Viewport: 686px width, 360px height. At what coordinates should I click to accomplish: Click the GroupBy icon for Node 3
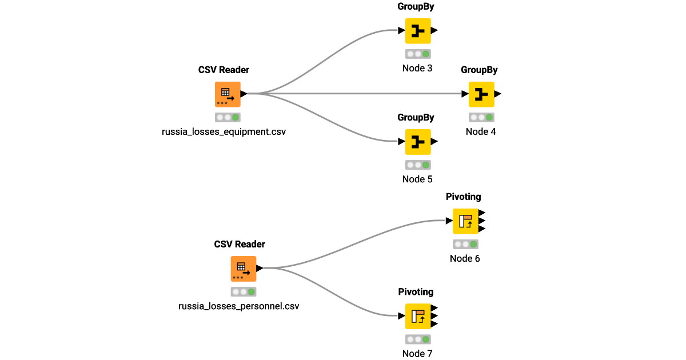[x=418, y=31]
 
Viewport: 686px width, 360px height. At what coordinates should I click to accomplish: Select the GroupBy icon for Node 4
[x=481, y=94]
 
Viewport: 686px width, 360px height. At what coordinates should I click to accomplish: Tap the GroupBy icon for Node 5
[x=418, y=142]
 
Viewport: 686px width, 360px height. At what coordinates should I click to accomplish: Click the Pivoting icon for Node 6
[x=465, y=221]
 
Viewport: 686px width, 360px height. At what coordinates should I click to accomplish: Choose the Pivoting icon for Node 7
[x=418, y=316]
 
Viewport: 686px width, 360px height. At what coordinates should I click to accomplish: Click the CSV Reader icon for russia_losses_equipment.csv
[x=227, y=94]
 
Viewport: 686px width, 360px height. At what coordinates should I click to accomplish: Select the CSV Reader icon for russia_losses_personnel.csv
[x=243, y=269]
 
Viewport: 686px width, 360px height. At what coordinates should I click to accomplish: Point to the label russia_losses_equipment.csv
[x=224, y=131]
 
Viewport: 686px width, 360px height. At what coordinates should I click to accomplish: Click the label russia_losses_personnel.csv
[x=238, y=306]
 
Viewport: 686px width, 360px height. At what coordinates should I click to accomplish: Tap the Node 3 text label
[x=417, y=68]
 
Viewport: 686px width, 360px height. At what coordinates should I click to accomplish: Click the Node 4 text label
[x=481, y=131]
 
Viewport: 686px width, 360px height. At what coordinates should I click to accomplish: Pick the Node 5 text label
[x=417, y=179]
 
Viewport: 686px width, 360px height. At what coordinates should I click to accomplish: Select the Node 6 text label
[x=465, y=258]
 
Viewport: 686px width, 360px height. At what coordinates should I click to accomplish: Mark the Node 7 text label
[x=417, y=353]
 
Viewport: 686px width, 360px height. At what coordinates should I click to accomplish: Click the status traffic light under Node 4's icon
[x=481, y=117]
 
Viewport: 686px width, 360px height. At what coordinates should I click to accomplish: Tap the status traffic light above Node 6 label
[x=465, y=244]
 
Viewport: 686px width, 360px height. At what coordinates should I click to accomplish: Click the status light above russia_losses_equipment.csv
[x=227, y=117]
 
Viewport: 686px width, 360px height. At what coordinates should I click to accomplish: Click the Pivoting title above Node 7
[x=416, y=292]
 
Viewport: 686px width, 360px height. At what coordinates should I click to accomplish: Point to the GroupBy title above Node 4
[x=479, y=70]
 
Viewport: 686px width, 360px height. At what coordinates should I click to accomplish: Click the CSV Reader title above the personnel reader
[x=240, y=245]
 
